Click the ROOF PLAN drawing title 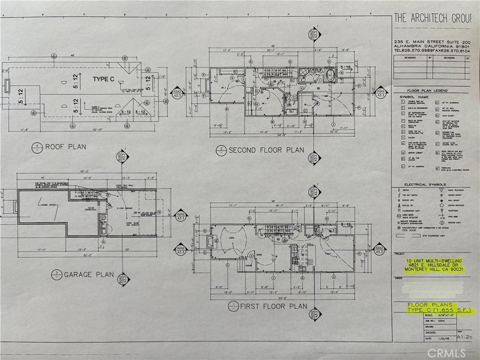click(65, 147)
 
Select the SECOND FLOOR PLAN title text click(266, 150)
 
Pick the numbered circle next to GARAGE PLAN click(55, 275)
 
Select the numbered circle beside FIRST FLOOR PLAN click(232, 307)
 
